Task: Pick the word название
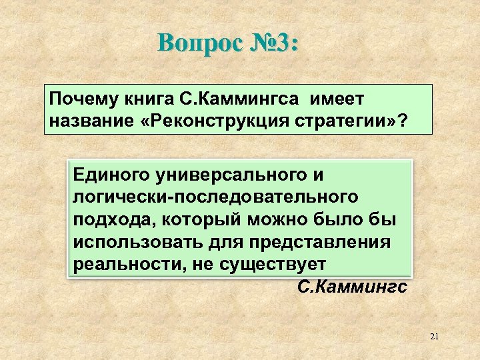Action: [x=85, y=121]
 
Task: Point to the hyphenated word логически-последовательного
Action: [x=216, y=197]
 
